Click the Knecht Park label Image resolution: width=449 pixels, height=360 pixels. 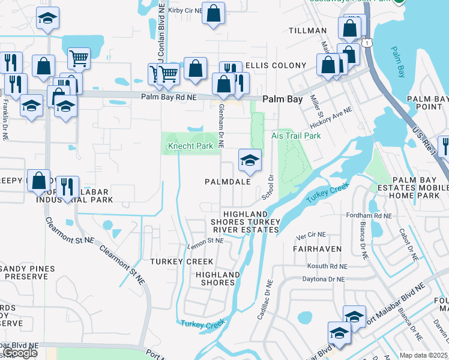click(x=190, y=146)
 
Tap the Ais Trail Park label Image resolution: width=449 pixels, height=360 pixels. click(x=296, y=136)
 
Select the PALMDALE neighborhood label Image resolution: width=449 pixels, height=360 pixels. click(x=227, y=181)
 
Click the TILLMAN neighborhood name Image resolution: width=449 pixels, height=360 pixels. click(x=307, y=31)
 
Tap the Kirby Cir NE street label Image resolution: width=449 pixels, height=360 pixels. click(x=184, y=10)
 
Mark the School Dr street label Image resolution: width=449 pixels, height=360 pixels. click(x=268, y=187)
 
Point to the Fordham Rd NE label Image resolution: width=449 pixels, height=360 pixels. click(x=369, y=215)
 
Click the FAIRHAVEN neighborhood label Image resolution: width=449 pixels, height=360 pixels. click(x=317, y=248)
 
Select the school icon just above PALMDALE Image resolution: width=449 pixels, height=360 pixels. click(x=250, y=160)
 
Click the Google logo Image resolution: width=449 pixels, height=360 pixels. click(x=20, y=353)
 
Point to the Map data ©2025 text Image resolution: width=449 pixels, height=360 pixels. click(x=423, y=355)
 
